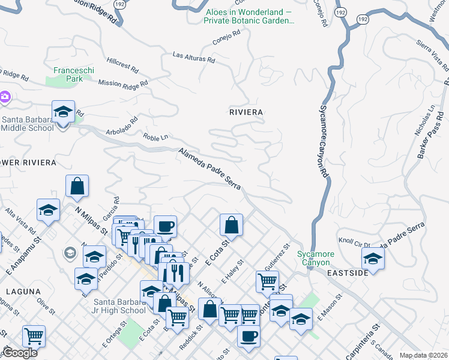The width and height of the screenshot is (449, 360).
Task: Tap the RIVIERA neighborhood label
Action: (246, 112)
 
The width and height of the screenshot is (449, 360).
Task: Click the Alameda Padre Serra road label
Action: (209, 170)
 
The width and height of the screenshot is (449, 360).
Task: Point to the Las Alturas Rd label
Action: (193, 57)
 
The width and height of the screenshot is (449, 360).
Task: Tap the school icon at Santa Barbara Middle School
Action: (63, 112)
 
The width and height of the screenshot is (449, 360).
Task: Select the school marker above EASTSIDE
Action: (373, 259)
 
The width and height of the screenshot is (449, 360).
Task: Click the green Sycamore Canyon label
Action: (314, 258)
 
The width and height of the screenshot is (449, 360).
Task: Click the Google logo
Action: (20, 353)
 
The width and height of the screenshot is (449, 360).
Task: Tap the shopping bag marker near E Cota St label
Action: (231, 226)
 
